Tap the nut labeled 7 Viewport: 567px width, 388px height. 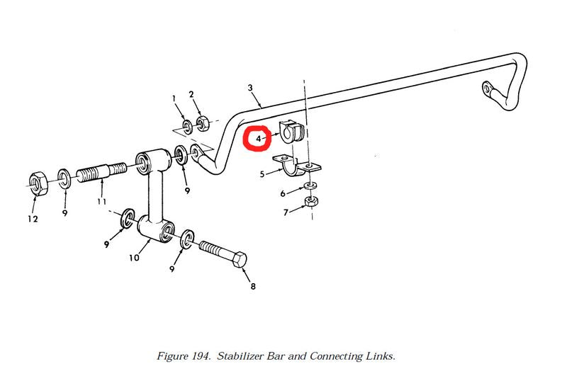[x=310, y=202]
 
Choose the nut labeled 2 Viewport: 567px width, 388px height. [x=201, y=124]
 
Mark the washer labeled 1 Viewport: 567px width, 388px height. [x=185, y=127]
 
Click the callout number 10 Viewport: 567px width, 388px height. [x=134, y=258]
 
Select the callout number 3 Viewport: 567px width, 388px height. [x=250, y=88]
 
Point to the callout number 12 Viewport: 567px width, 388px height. [x=33, y=219]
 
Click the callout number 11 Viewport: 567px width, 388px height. [x=102, y=202]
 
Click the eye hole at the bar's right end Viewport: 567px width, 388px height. [x=488, y=89]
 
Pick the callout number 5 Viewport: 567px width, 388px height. [x=262, y=173]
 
